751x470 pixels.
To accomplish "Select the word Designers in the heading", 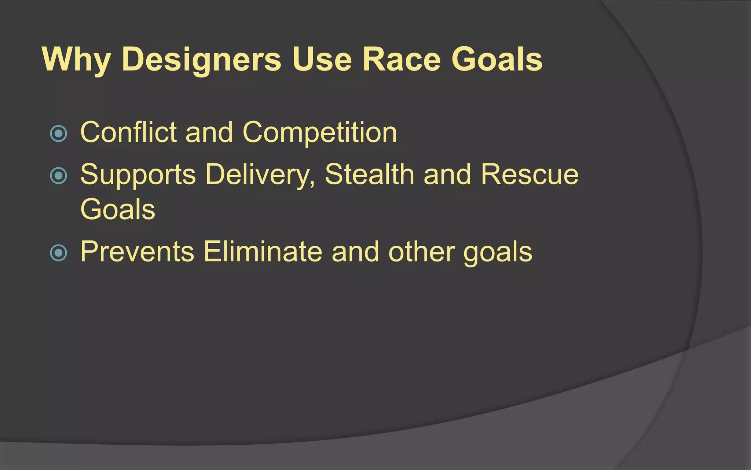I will pos(201,59).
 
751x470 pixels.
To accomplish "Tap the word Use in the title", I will pos(322,59).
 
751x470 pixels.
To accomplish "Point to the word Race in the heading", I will pos(401,59).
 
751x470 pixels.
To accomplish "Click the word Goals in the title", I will pos(497,59).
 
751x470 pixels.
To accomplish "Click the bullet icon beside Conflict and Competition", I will pos(58,134).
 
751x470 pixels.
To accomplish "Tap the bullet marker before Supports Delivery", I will pos(58,176).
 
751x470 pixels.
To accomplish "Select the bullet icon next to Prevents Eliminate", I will pos(58,253).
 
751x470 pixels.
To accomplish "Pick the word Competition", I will pos(319,133).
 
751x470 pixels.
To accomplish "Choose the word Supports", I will pos(138,175).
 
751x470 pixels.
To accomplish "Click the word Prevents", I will pos(137,252).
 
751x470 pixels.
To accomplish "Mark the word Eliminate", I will pos(263,252).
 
